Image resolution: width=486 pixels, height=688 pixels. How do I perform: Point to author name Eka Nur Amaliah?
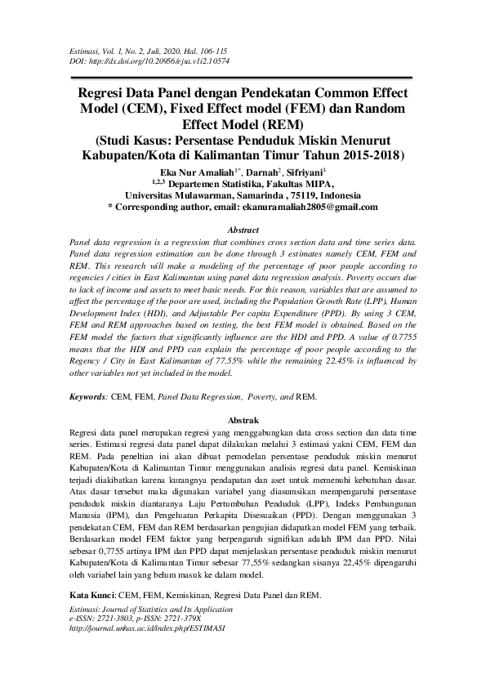(196, 172)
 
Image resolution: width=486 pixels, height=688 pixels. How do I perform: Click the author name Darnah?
(260, 172)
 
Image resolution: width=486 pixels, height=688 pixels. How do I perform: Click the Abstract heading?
(243, 230)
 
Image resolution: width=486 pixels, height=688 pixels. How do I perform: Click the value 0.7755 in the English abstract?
(401, 333)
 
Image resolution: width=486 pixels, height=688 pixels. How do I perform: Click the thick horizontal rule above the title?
(243, 76)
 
